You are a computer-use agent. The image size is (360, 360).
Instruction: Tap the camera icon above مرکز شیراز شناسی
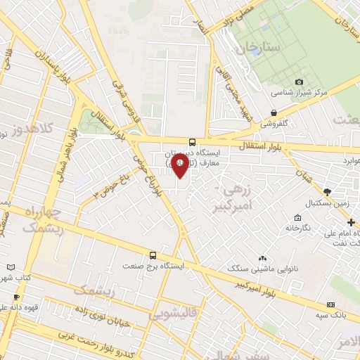point(300,82)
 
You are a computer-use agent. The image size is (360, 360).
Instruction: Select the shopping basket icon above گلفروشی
point(273,112)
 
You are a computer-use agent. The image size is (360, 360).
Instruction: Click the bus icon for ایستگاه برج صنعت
point(153,255)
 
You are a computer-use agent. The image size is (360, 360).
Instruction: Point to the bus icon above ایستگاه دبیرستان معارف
point(193,141)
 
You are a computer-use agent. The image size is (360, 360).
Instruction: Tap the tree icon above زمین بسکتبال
point(326,191)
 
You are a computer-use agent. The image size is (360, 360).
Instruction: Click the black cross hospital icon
point(351,222)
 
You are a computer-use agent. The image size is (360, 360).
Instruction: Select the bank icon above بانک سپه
point(330,305)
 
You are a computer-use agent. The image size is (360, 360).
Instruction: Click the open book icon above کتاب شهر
point(11,268)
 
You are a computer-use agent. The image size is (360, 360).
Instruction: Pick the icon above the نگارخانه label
point(298,217)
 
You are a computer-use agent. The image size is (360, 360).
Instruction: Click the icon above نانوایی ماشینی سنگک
point(262,258)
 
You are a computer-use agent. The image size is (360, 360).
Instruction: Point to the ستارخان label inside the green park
point(259,49)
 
